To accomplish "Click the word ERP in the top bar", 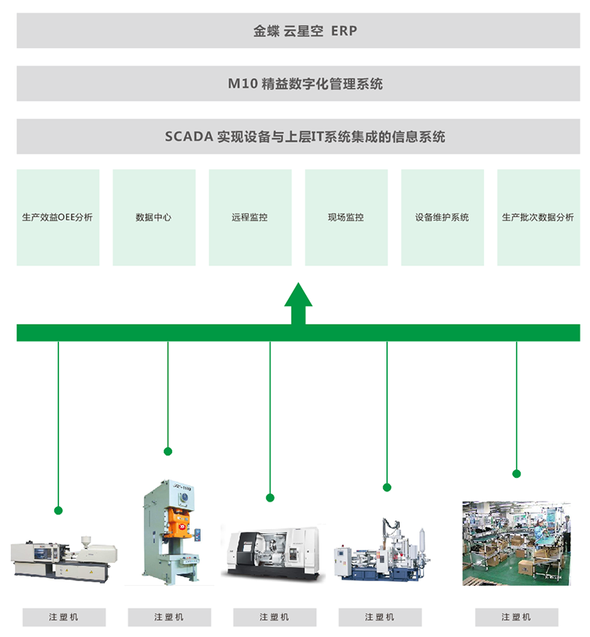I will [x=345, y=31].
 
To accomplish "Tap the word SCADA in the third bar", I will [x=189, y=136].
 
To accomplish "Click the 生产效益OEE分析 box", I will [x=58, y=217].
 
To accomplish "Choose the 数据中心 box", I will [x=154, y=217].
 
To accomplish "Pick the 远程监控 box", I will [x=250, y=217].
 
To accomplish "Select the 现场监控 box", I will [x=346, y=217].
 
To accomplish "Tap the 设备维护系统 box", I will [x=442, y=217].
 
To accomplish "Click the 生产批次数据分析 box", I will [x=538, y=217].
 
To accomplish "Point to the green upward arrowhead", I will [x=298, y=294].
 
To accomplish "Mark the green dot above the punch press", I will [x=168, y=451].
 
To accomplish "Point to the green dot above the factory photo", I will [x=517, y=473].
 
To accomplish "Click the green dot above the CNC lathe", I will [x=270, y=498].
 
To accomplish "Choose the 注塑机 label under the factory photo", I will [x=516, y=617].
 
